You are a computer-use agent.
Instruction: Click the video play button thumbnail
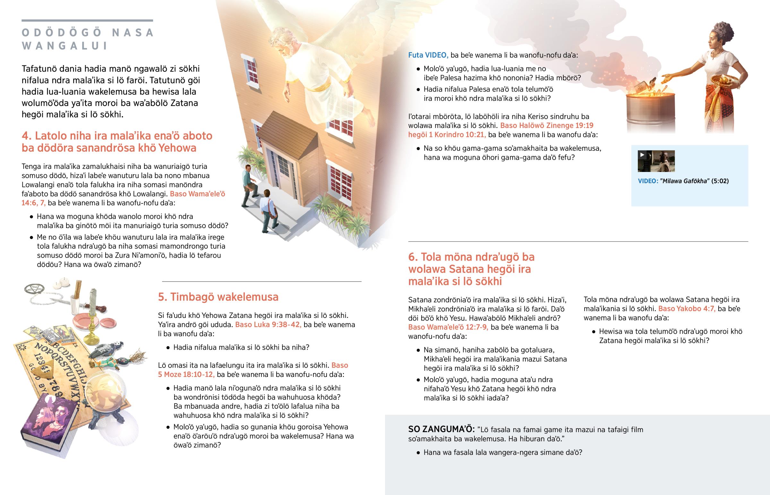(x=656, y=161)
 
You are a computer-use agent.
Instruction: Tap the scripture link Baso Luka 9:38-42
(x=268, y=325)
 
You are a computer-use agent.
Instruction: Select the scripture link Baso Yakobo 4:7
(x=687, y=309)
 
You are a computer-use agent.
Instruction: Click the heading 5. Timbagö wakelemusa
(x=218, y=297)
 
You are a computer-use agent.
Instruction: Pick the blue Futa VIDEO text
(x=428, y=55)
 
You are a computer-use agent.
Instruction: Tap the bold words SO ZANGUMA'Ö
(x=441, y=429)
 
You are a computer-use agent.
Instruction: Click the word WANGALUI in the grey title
(x=64, y=46)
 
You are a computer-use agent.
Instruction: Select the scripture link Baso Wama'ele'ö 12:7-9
(x=448, y=327)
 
